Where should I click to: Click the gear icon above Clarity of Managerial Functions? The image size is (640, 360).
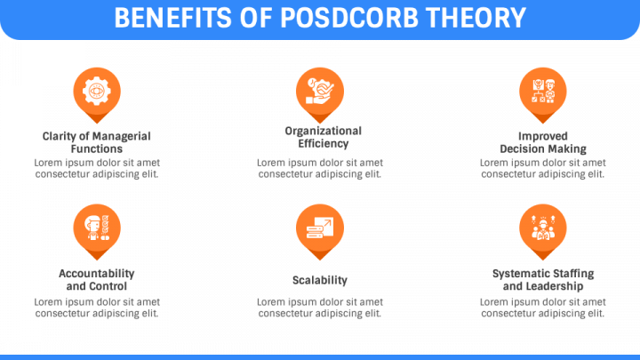pyautogui.click(x=97, y=90)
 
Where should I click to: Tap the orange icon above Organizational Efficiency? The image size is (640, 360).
pyautogui.click(x=320, y=90)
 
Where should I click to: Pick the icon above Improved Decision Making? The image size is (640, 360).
pyautogui.click(x=543, y=90)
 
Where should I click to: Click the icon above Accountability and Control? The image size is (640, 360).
pyautogui.click(x=97, y=228)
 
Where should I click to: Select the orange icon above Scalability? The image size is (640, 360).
pyautogui.click(x=320, y=228)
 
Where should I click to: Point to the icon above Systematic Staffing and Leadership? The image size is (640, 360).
pyautogui.click(x=543, y=228)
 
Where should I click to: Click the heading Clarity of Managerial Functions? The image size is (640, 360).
pyautogui.click(x=97, y=142)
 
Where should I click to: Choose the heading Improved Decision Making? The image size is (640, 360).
pyautogui.click(x=543, y=142)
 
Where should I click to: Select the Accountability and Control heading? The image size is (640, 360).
pyautogui.click(x=97, y=280)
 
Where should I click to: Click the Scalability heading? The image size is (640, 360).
pyautogui.click(x=320, y=280)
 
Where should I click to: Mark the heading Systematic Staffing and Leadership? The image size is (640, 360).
pyautogui.click(x=543, y=280)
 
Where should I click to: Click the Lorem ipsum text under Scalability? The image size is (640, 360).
pyautogui.click(x=320, y=308)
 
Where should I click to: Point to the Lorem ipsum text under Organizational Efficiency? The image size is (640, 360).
pyautogui.click(x=320, y=168)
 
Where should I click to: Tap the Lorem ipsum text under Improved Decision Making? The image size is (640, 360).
pyautogui.click(x=543, y=168)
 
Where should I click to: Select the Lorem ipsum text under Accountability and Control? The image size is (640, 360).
pyautogui.click(x=97, y=308)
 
